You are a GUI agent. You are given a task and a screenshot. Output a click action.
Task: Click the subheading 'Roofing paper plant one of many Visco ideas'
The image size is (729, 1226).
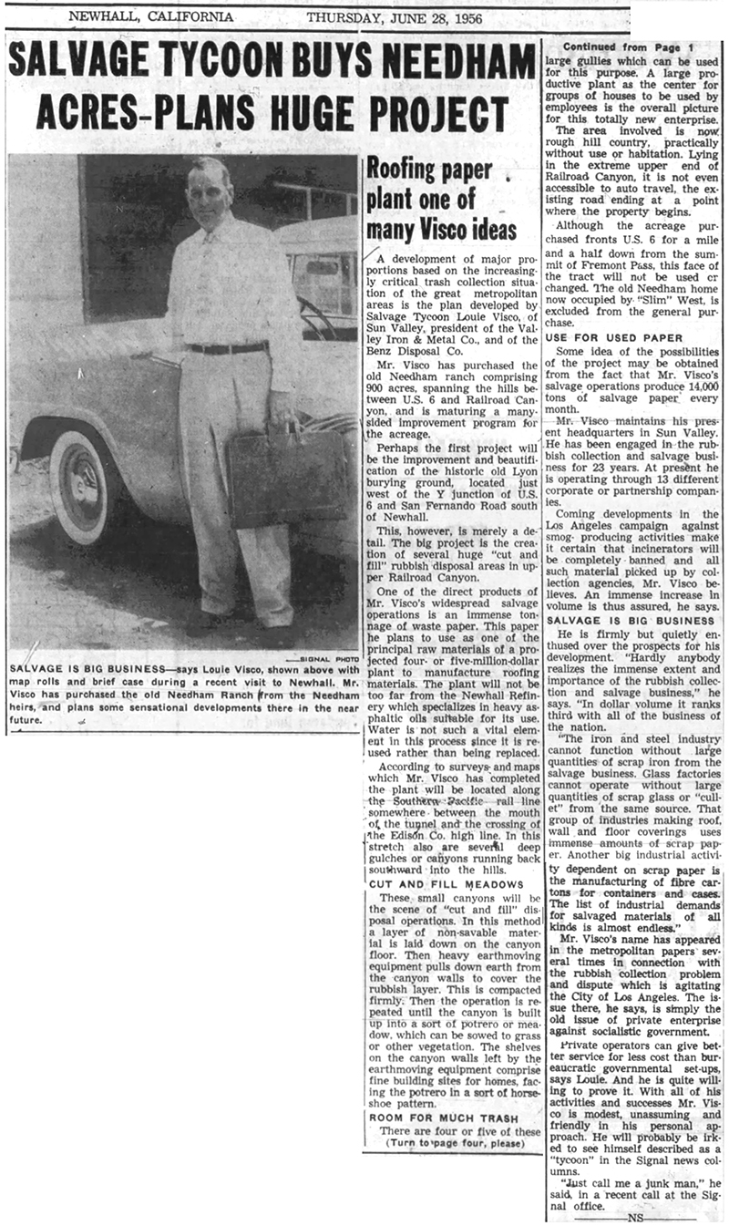pos(441,200)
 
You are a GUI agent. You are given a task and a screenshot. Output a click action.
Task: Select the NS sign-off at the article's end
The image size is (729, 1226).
pos(628,1216)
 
